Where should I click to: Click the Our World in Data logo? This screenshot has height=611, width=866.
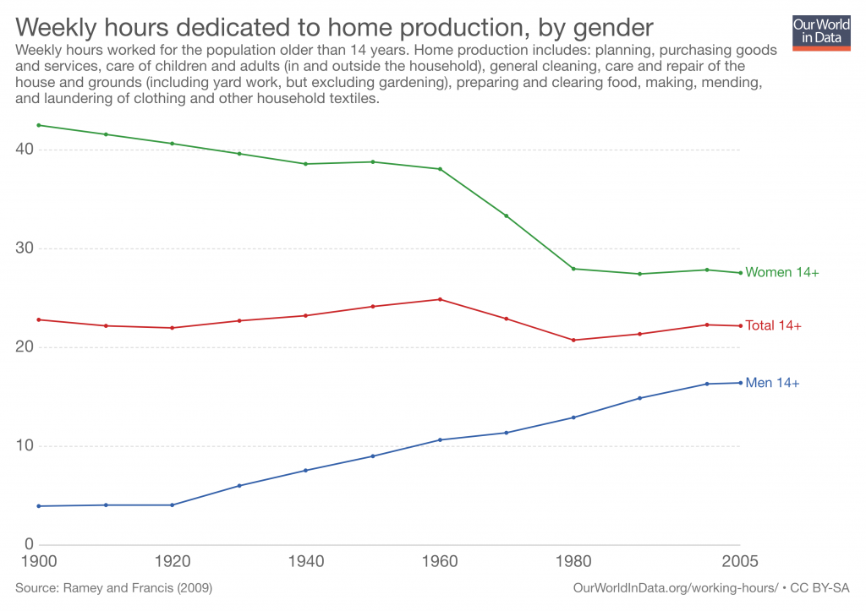(821, 31)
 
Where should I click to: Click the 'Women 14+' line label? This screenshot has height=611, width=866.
(782, 272)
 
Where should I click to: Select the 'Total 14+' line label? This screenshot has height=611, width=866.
(773, 325)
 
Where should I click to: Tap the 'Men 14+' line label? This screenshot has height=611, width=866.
(772, 383)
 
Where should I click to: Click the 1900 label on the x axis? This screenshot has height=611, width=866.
(39, 562)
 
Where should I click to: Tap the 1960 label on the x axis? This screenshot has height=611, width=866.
(440, 562)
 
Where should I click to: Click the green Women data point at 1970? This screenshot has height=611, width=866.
(507, 215)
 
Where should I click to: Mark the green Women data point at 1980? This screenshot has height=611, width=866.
(573, 269)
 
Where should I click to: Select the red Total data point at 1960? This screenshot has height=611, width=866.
(440, 299)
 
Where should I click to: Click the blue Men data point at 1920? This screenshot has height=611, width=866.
(173, 505)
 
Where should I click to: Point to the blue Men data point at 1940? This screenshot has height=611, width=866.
(306, 470)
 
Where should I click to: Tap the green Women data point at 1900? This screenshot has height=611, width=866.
(39, 125)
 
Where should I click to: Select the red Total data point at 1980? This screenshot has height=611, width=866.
(573, 340)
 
